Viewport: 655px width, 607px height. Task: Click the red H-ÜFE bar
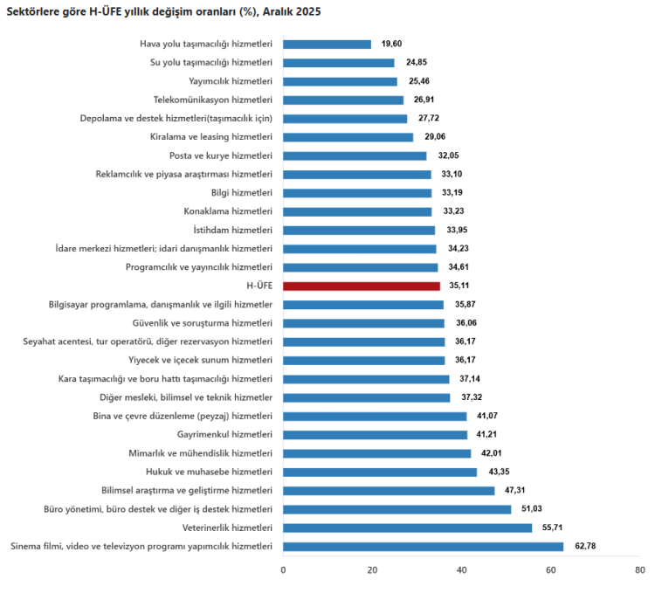click(362, 286)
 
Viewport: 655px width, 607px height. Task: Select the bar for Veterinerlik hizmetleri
click(407, 528)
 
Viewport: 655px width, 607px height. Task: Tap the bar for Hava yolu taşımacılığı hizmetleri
click(327, 44)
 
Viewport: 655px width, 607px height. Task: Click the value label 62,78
click(585, 547)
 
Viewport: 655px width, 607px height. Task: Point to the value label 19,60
click(392, 44)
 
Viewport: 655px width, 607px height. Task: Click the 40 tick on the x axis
click(461, 570)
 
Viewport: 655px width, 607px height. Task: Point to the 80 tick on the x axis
click(639, 570)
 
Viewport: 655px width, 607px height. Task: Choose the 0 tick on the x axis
click(283, 570)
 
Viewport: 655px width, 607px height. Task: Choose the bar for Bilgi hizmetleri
click(357, 193)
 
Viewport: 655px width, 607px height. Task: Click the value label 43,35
click(499, 472)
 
